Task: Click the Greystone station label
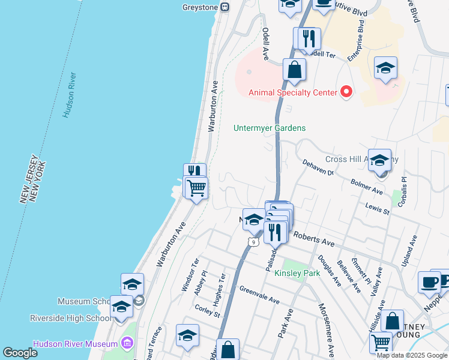click(x=201, y=7)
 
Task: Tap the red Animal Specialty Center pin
click(x=346, y=92)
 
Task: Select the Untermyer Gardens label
click(x=270, y=128)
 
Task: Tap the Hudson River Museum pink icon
click(x=127, y=344)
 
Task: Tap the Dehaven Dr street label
click(x=318, y=167)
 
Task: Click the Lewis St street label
click(x=378, y=209)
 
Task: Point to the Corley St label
click(x=208, y=310)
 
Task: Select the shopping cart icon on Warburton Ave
click(x=196, y=188)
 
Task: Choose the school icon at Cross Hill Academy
click(x=379, y=160)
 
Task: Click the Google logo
click(x=20, y=352)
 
